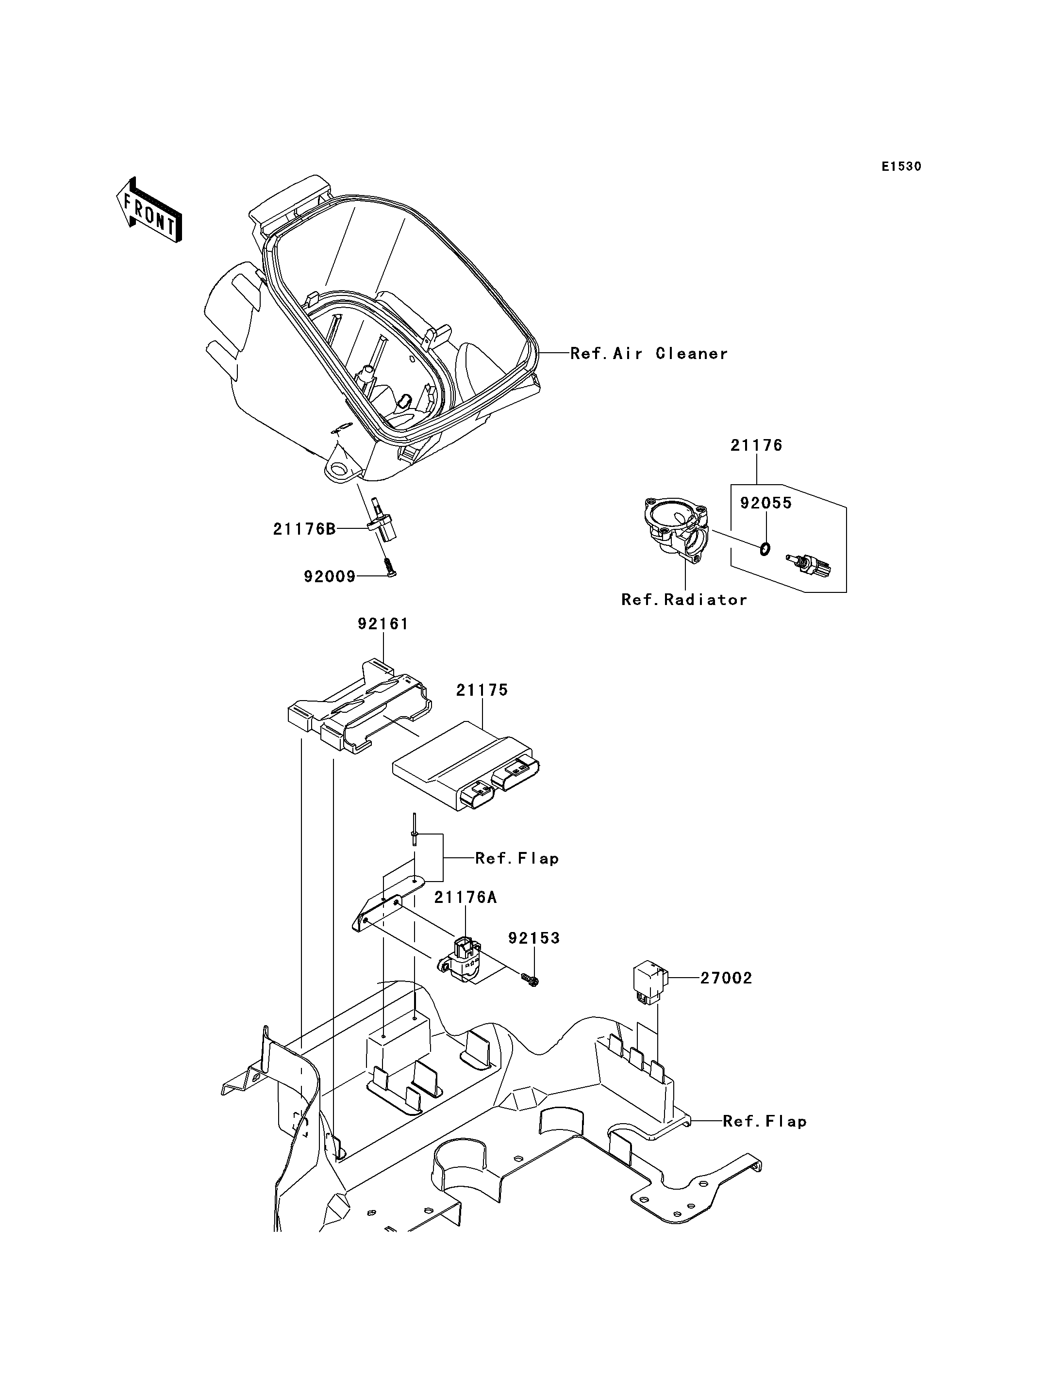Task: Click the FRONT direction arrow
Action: (x=150, y=210)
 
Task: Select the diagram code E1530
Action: (x=901, y=166)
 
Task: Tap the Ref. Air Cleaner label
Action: (x=649, y=353)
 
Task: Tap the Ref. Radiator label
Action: (x=684, y=600)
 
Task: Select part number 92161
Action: (x=383, y=624)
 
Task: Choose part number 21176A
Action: (x=465, y=897)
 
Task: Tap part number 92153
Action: (x=534, y=938)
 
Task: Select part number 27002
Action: (x=726, y=978)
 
